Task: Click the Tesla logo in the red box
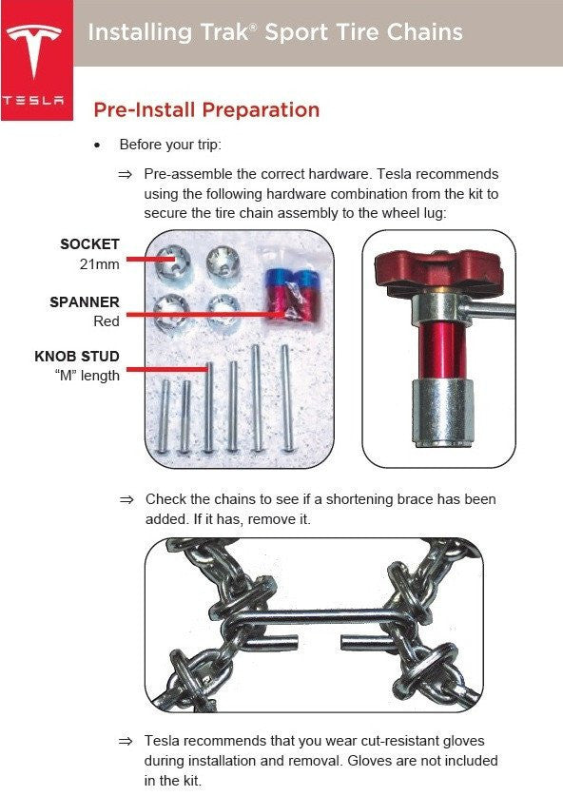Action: pyautogui.click(x=33, y=50)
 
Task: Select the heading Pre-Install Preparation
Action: pyautogui.click(x=206, y=109)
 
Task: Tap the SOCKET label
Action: pyautogui.click(x=89, y=243)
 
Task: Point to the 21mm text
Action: pyautogui.click(x=100, y=264)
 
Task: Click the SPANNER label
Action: pyautogui.click(x=85, y=302)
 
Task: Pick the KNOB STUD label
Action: pyautogui.click(x=77, y=356)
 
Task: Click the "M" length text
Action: pyautogui.click(x=87, y=376)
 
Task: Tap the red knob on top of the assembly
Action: pyautogui.click(x=438, y=270)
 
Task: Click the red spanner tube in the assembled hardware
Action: pyautogui.click(x=442, y=351)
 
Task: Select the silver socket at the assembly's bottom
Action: pyautogui.click(x=442, y=412)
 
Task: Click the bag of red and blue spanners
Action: pyautogui.click(x=290, y=295)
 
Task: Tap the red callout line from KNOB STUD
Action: pyautogui.click(x=168, y=369)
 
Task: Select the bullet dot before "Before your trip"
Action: pyautogui.click(x=97, y=146)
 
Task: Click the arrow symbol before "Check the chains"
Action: pyautogui.click(x=126, y=499)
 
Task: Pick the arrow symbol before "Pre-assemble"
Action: pyautogui.click(x=125, y=175)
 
